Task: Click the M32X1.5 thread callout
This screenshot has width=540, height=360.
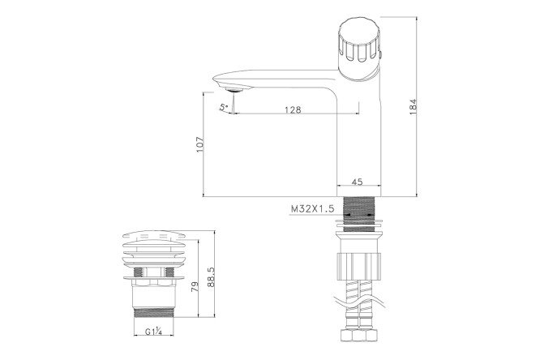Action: coord(314,208)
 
